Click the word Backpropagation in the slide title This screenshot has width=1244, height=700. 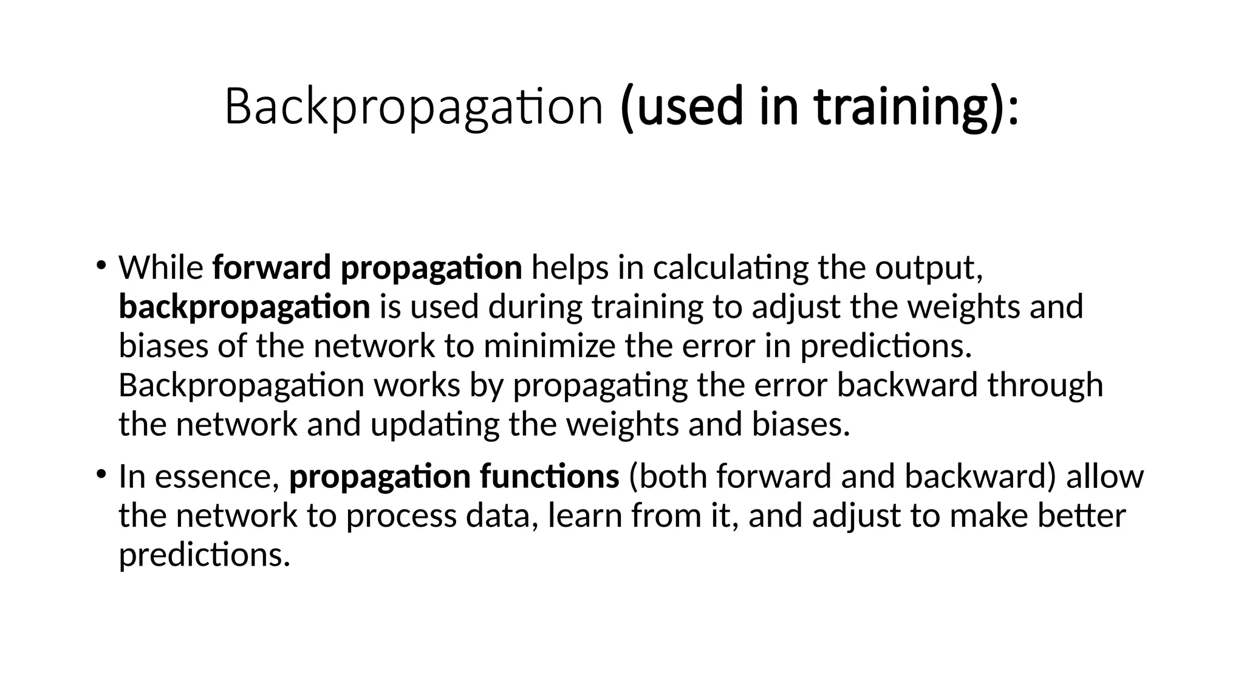click(x=414, y=107)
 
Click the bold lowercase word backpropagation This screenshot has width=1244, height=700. click(x=244, y=307)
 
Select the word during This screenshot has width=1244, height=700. click(x=535, y=307)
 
